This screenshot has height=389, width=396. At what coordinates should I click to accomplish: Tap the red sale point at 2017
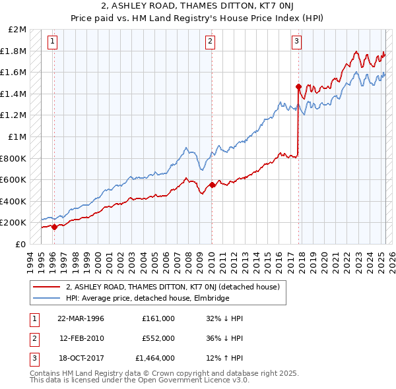(x=298, y=86)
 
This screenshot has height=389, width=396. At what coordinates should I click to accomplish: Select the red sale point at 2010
(x=212, y=185)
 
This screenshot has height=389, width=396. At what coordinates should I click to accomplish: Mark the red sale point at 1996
(x=54, y=227)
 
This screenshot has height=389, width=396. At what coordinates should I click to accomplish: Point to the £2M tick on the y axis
(x=17, y=30)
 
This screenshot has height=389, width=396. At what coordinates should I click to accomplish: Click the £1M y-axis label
(x=17, y=136)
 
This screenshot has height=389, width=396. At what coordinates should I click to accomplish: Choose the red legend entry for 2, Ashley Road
(x=173, y=287)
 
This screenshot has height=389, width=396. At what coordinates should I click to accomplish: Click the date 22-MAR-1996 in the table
(x=81, y=318)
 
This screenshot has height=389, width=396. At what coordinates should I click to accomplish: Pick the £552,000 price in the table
(x=158, y=338)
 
